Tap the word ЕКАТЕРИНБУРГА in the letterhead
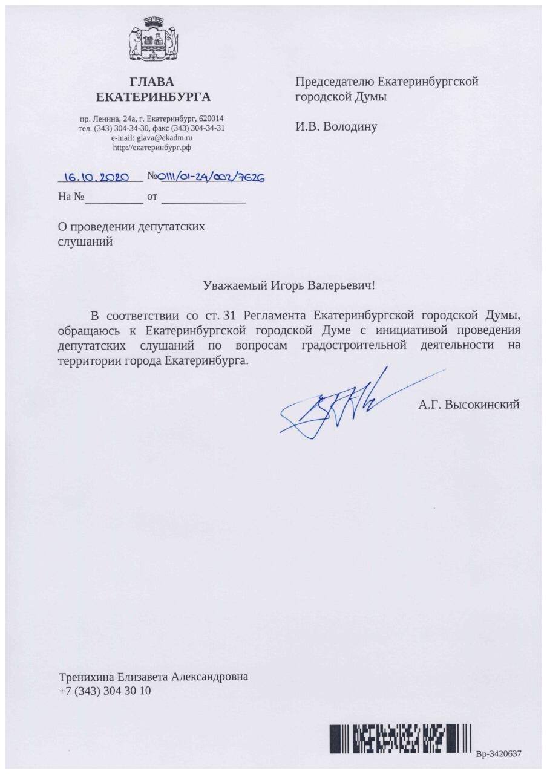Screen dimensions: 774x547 click(x=154, y=97)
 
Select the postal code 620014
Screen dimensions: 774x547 click(x=212, y=119)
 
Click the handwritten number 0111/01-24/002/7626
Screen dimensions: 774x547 click(x=211, y=177)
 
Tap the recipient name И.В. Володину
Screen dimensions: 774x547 click(x=336, y=127)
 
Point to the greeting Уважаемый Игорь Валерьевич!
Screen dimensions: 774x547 click(x=289, y=285)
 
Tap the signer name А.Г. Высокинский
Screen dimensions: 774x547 click(x=468, y=405)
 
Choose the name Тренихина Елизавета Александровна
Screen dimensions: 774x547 click(x=153, y=677)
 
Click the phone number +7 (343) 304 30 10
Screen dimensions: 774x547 click(x=105, y=691)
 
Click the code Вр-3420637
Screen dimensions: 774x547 click(x=499, y=753)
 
